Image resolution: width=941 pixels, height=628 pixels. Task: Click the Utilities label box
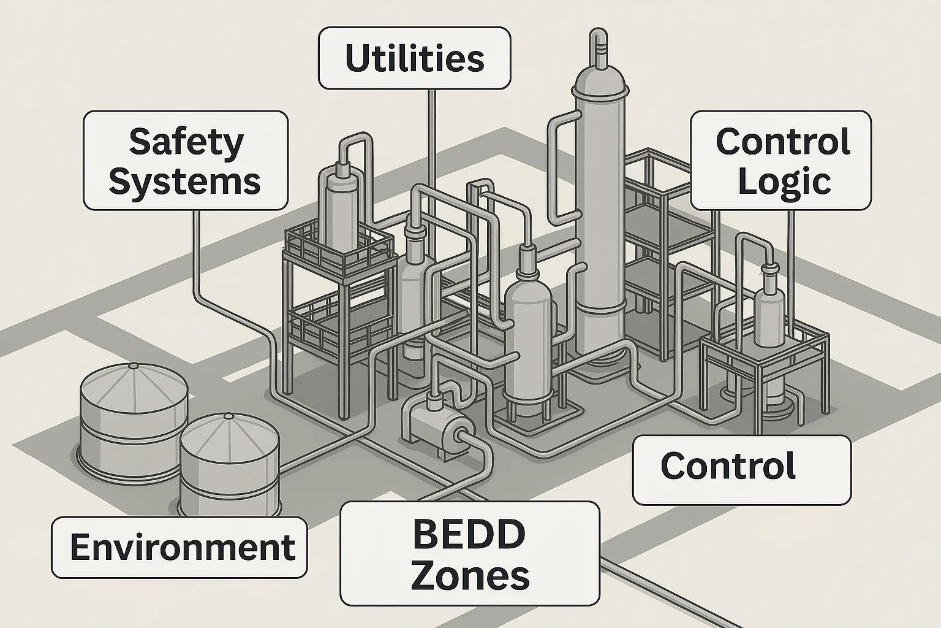pyautogui.click(x=414, y=58)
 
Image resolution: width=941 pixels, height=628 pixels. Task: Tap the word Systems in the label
pyautogui.click(x=185, y=182)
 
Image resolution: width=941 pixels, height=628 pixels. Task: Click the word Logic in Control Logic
pyautogui.click(x=784, y=182)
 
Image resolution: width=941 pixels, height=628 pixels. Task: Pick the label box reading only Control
pyautogui.click(x=741, y=469)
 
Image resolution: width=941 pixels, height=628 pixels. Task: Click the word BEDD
pyautogui.click(x=469, y=534)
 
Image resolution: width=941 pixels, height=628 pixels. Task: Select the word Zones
pyautogui.click(x=470, y=576)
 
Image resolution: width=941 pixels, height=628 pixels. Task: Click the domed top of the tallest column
pyautogui.click(x=601, y=80)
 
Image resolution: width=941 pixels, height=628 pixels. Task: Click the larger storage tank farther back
pyautogui.click(x=134, y=417)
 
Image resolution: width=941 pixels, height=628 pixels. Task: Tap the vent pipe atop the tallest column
pyautogui.click(x=597, y=46)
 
